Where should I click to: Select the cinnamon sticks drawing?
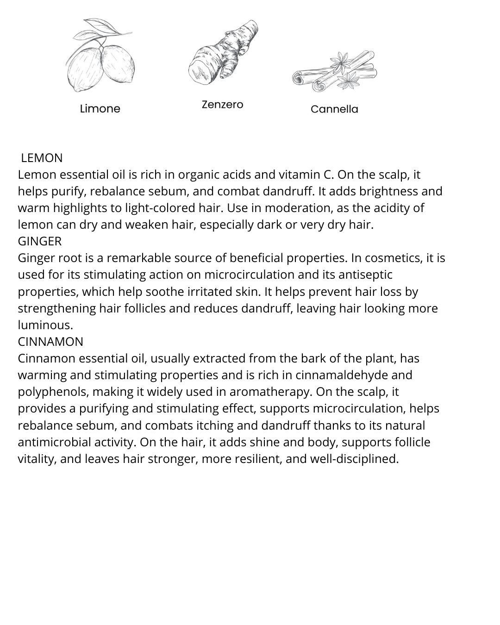pos(334,72)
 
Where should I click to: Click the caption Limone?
pos(100,109)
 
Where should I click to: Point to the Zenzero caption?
pos(222,105)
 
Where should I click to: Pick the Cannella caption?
pos(334,109)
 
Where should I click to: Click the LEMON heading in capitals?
pos(42,158)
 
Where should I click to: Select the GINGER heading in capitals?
pos(39,241)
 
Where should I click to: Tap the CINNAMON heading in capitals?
pos(50,342)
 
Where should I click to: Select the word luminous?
pos(45,325)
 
